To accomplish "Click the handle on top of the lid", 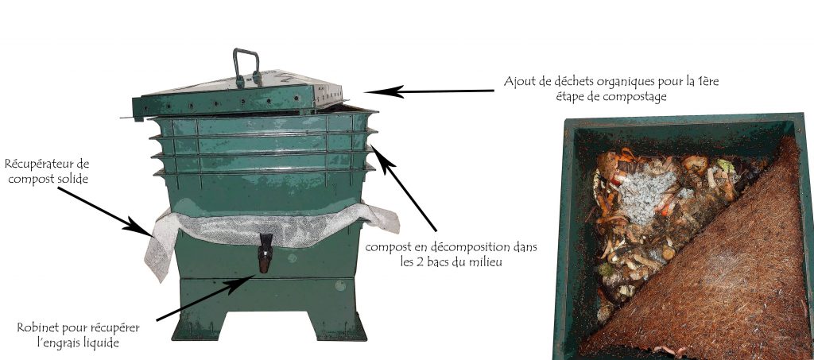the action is click(x=246, y=65).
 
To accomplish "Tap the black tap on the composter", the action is click(x=266, y=253).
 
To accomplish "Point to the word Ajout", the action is click(x=517, y=82).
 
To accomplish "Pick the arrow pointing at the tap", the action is click(x=206, y=298).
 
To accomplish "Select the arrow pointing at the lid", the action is click(x=429, y=91).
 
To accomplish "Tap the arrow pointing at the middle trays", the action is click(x=403, y=188).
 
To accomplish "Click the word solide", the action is click(x=73, y=179).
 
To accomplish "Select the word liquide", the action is click(x=102, y=343).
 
